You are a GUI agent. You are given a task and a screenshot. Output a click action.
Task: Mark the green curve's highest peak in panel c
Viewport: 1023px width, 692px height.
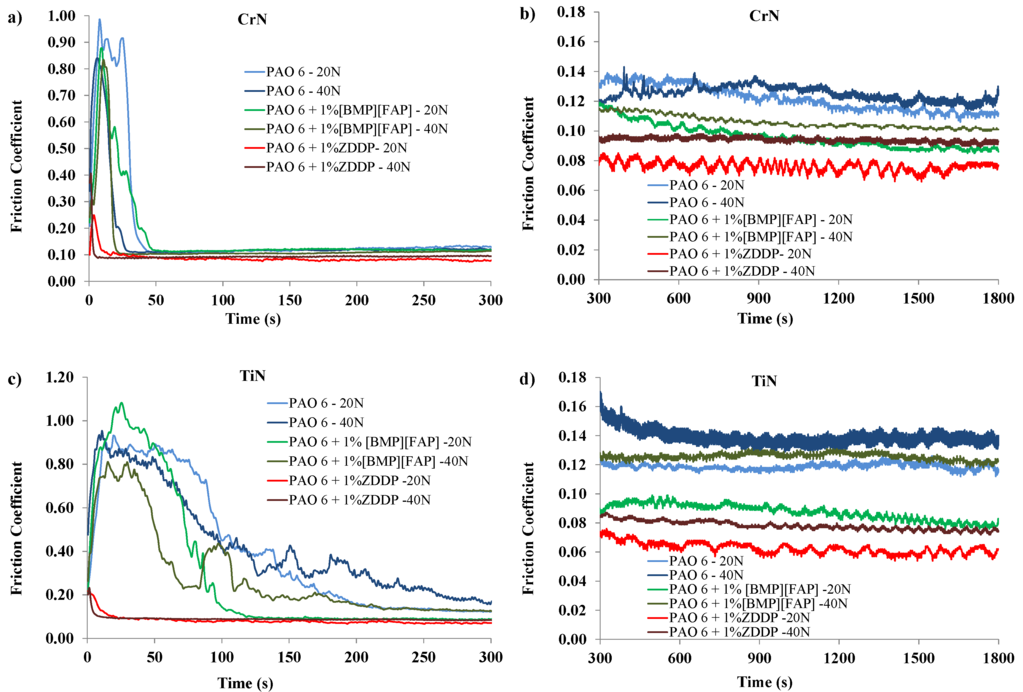tap(121, 403)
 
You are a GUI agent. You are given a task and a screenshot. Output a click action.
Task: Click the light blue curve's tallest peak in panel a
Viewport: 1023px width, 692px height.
tap(99, 19)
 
